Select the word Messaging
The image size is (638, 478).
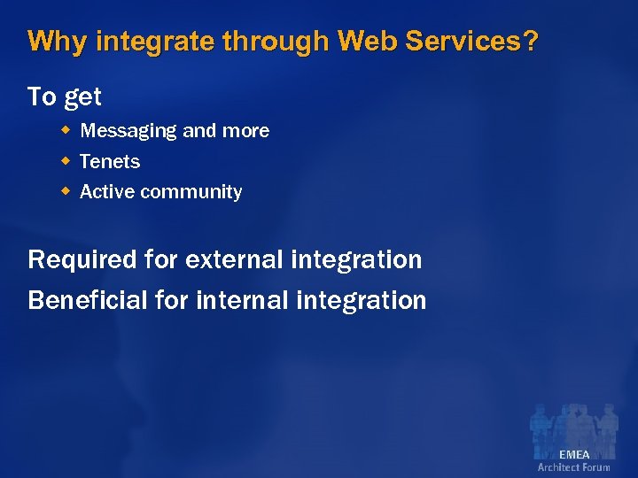tap(128, 131)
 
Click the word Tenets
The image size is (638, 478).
tap(110, 161)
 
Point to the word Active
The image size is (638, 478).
tap(107, 191)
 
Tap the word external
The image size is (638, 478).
tap(233, 259)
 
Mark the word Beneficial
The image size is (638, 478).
tap(87, 300)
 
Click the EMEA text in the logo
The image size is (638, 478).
tap(573, 454)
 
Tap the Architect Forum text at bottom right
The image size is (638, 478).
tap(573, 467)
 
